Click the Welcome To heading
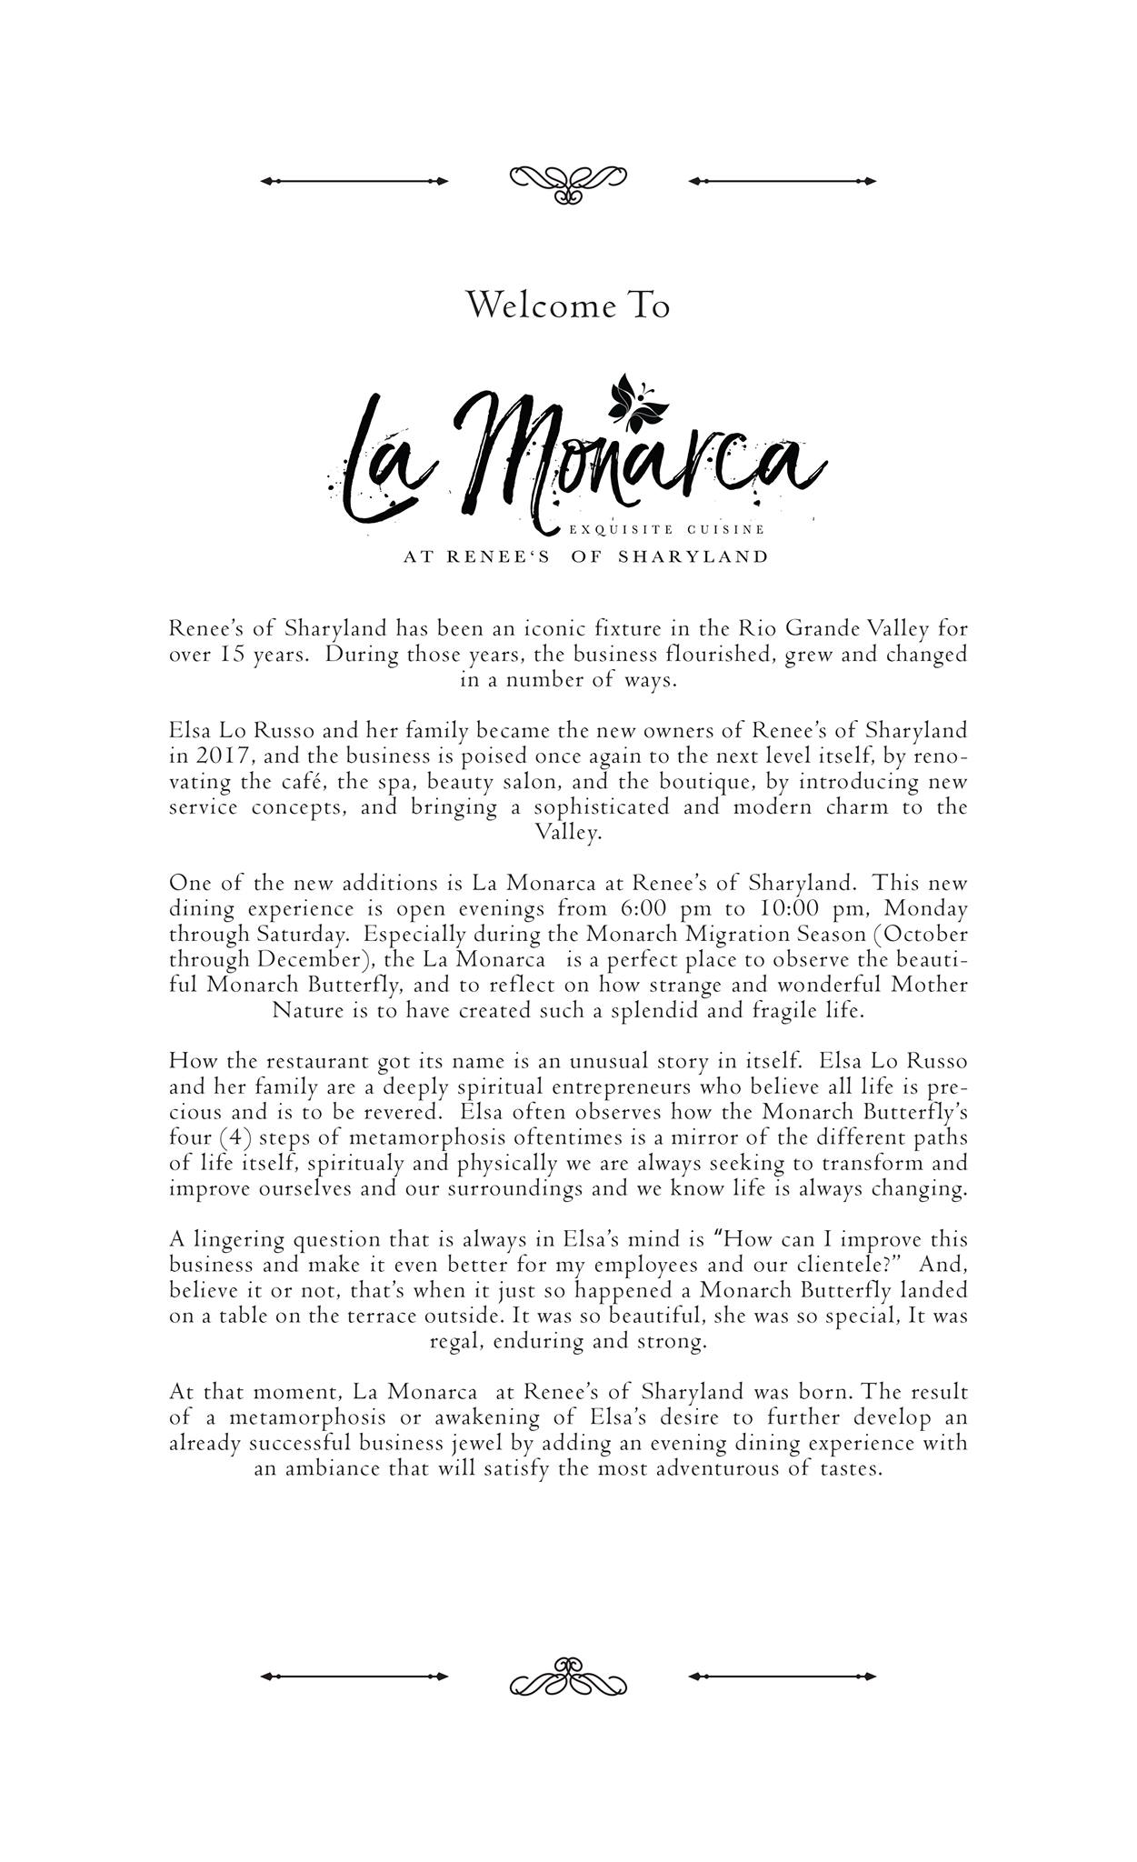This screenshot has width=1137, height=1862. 568,305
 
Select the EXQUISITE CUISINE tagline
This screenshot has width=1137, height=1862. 666,529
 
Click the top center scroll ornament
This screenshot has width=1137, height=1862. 568,183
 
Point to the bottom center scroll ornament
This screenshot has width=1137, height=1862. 568,1676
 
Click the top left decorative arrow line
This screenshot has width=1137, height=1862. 354,181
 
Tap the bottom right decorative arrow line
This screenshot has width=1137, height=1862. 782,1676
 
